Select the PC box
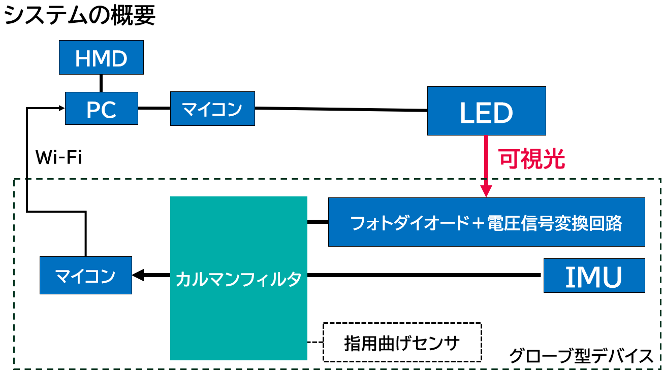pyautogui.click(x=101, y=108)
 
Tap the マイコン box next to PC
pyautogui.click(x=212, y=108)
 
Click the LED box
pyautogui.click(x=486, y=111)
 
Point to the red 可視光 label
pyautogui.click(x=531, y=159)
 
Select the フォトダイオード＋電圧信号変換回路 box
pyautogui.click(x=486, y=222)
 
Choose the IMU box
pyautogui.click(x=594, y=276)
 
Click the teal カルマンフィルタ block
pyautogui.click(x=238, y=278)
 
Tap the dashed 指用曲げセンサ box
pyautogui.click(x=402, y=343)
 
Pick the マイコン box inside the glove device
pyautogui.click(x=85, y=276)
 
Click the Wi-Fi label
pyautogui.click(x=58, y=157)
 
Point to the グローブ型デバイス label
pyautogui.click(x=581, y=356)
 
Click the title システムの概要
pyautogui.click(x=79, y=16)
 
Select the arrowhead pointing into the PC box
pyautogui.click(x=61, y=108)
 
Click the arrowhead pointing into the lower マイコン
pyautogui.click(x=138, y=276)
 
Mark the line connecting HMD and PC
pyautogui.click(x=101, y=83)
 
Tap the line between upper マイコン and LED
pyautogui.click(x=340, y=109)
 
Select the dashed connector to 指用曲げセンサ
pyautogui.click(x=315, y=342)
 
